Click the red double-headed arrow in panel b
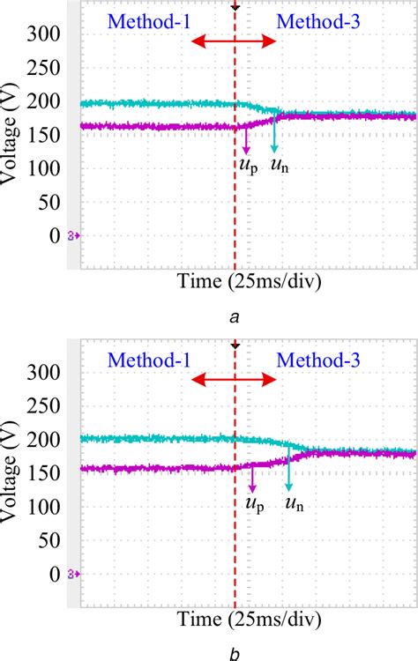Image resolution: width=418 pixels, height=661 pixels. pos(235,379)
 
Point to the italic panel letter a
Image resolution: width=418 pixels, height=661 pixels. pos(235,319)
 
